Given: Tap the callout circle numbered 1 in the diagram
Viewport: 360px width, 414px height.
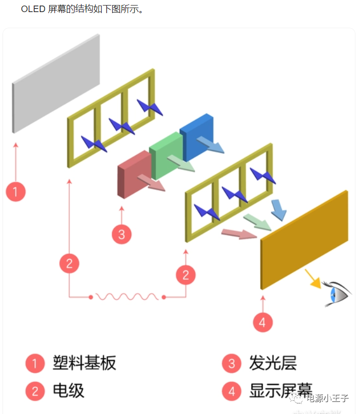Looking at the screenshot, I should tap(16, 191).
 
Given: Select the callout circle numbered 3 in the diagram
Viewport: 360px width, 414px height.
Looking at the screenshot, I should tap(121, 234).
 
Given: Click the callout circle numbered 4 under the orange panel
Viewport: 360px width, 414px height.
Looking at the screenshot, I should tap(262, 322).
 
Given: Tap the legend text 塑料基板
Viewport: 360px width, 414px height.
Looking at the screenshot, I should tap(84, 363).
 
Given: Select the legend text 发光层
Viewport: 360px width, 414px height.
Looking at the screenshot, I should tap(272, 363).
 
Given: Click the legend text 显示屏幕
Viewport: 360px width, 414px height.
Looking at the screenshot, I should tap(280, 391).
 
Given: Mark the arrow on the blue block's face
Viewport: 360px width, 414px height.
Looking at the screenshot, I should tap(210, 145).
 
